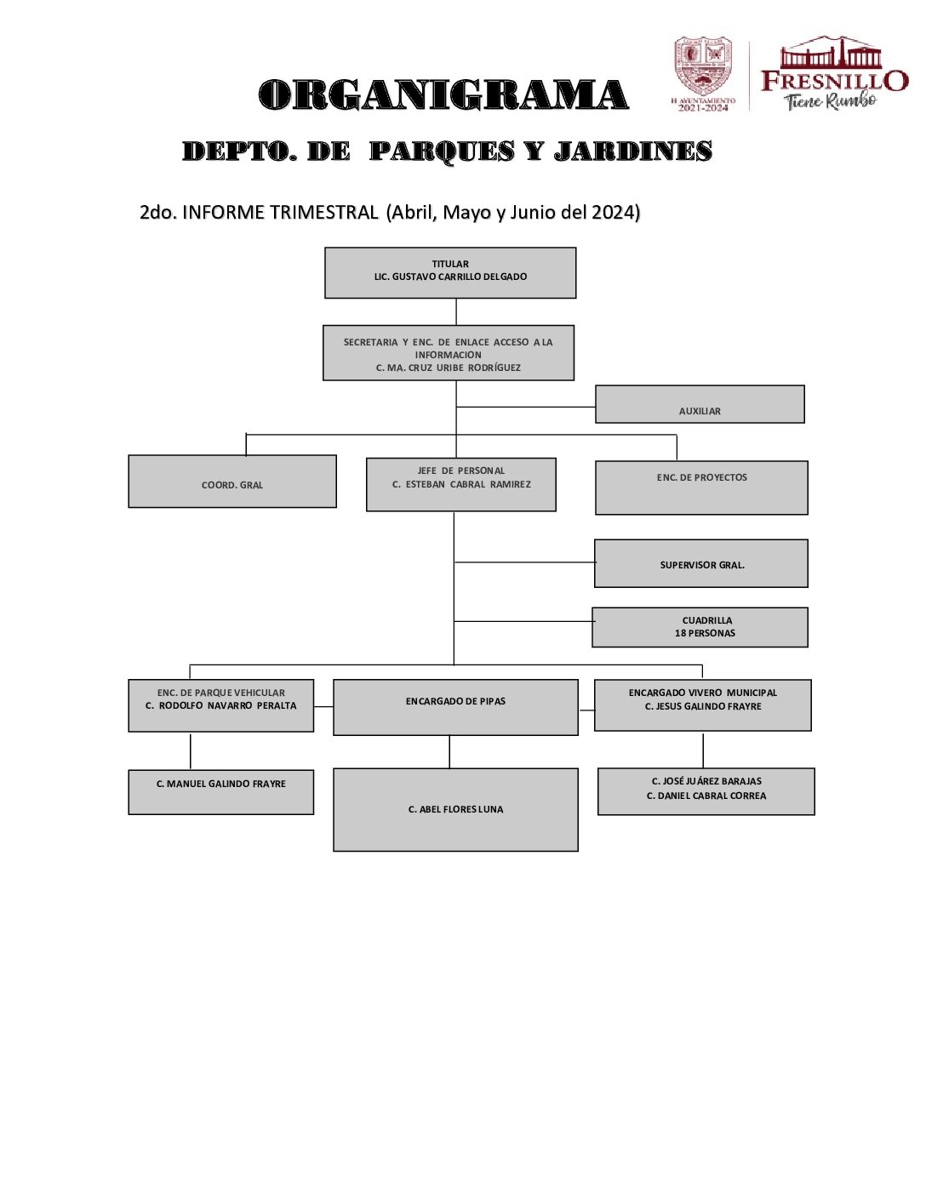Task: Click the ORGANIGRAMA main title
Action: pos(443,94)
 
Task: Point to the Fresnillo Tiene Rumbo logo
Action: pos(833,75)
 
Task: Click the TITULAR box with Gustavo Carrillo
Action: pos(450,272)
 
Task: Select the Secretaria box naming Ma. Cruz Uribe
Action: pos(449,353)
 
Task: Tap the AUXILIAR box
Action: pos(700,404)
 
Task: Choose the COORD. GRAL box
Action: pos(232,482)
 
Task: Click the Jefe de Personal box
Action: pos(460,484)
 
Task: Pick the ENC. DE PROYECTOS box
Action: pos(701,488)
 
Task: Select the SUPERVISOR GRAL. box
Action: pos(701,563)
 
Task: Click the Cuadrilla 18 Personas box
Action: pos(700,627)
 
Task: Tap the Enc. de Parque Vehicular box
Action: pos(221,705)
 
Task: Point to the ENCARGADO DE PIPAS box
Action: pos(455,707)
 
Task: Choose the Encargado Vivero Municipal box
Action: pos(702,705)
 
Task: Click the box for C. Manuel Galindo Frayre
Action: pos(221,792)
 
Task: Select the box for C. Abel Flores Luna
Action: pos(455,809)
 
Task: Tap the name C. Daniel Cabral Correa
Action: pos(706,796)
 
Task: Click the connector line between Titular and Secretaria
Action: pos(456,311)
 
